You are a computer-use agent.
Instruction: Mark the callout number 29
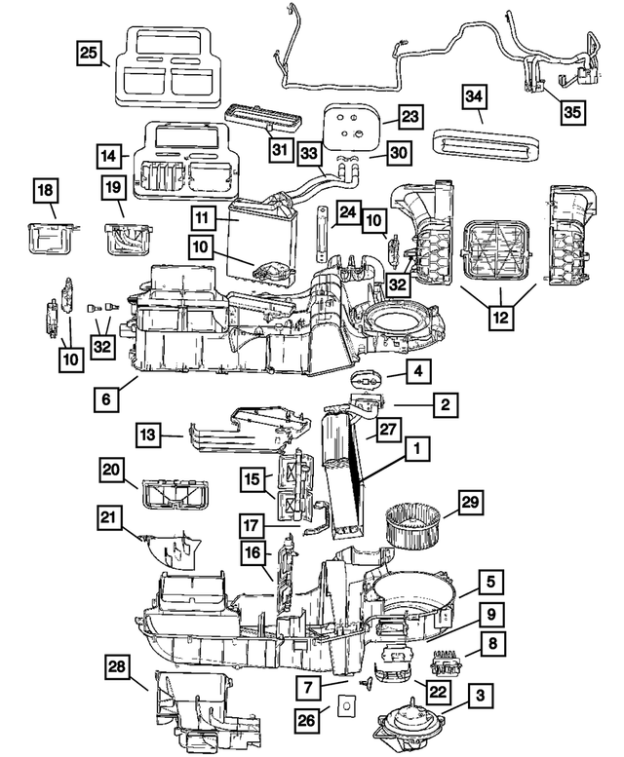471,503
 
